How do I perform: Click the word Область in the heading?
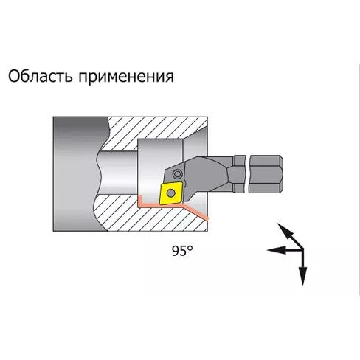[41, 76]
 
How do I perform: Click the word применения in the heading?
[126, 77]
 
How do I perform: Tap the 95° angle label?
[182, 251]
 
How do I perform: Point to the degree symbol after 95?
[190, 248]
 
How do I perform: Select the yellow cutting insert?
[171, 193]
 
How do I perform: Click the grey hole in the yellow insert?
[170, 193]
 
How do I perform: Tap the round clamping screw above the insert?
[177, 174]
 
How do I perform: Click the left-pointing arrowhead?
[277, 250]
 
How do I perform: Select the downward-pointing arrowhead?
[303, 276]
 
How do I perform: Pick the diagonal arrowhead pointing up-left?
[285, 231]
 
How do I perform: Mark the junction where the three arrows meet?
[303, 250]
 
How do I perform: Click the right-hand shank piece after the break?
[266, 173]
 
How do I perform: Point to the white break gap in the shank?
[247, 173]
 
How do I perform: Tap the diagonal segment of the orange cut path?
[195, 211]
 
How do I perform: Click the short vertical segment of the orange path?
[140, 201]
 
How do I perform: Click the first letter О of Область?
[14, 77]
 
